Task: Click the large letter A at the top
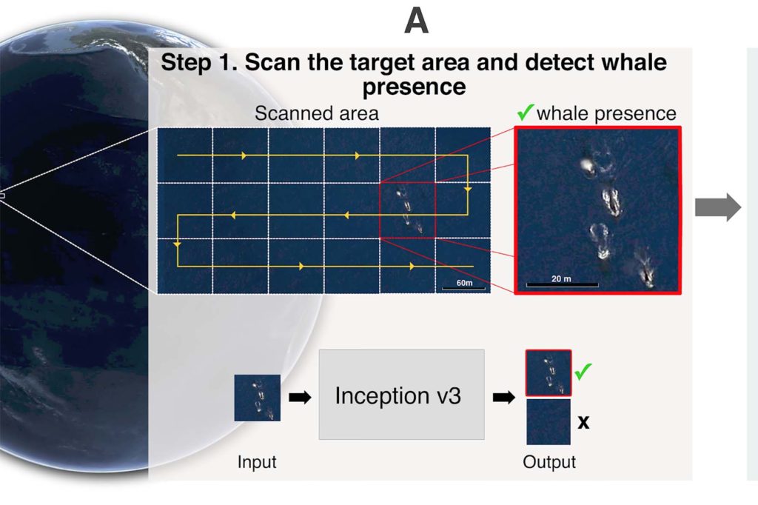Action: (x=416, y=21)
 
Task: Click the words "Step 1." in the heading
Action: (x=199, y=63)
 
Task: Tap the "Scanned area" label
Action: (x=317, y=114)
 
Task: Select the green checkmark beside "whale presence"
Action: (x=525, y=113)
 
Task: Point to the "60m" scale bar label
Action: (x=464, y=283)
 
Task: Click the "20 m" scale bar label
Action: (x=561, y=278)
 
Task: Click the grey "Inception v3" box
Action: (x=401, y=395)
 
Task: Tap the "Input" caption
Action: (x=257, y=462)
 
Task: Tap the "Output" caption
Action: (x=549, y=462)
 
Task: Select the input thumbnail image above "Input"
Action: (x=257, y=398)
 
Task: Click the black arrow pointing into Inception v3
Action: (x=300, y=398)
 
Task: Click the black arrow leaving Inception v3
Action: (x=503, y=398)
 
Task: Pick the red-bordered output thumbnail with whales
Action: (x=549, y=373)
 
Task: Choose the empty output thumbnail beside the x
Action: (x=549, y=422)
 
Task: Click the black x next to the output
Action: (x=583, y=422)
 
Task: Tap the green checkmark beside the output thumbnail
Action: (x=583, y=372)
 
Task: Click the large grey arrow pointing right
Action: (x=718, y=207)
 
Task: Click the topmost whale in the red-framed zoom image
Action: (x=588, y=167)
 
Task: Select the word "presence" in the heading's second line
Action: (x=415, y=87)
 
